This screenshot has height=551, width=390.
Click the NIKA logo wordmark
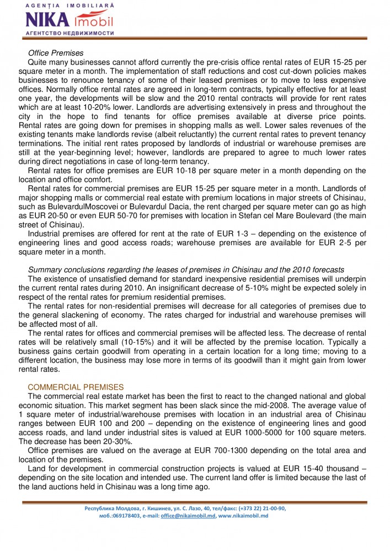point(47,21)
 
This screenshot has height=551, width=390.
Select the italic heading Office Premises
point(56,53)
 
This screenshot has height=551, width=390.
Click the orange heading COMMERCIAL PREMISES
point(68,387)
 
